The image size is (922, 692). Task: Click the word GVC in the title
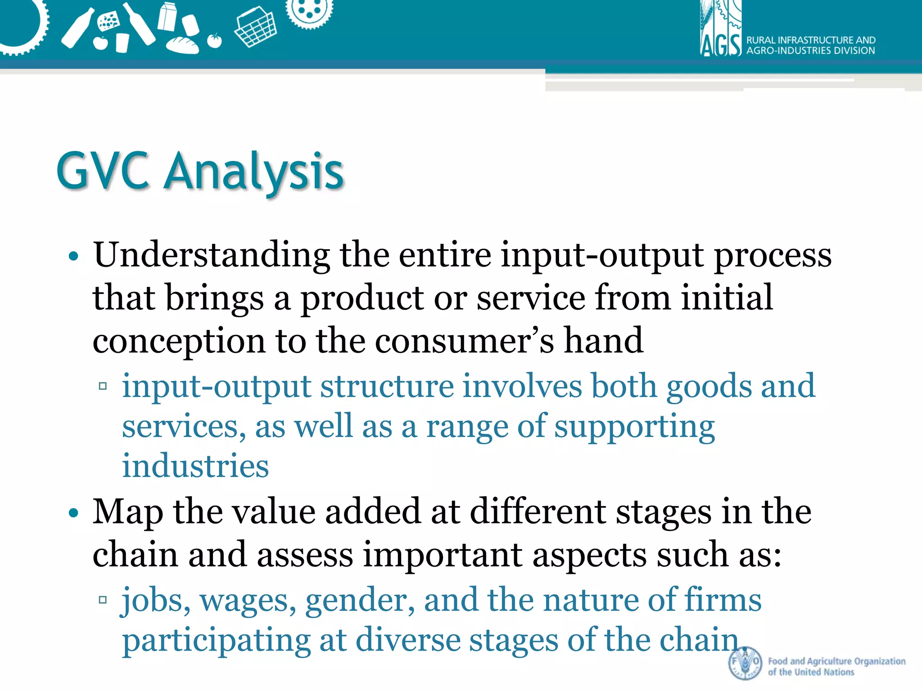(103, 171)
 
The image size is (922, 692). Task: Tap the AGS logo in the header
(720, 32)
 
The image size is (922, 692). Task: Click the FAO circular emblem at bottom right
(745, 663)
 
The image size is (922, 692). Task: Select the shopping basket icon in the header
(255, 28)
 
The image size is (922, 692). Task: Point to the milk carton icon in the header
(167, 16)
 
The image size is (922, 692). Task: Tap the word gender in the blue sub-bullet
(360, 601)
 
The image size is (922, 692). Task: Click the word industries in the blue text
(195, 466)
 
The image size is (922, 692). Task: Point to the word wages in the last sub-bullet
(248, 601)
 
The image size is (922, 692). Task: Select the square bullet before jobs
(103, 600)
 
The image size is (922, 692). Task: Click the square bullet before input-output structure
(103, 386)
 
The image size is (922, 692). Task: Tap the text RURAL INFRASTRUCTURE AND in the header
(811, 40)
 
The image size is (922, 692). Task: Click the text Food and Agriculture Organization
(836, 661)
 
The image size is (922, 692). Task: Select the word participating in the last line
(216, 640)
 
